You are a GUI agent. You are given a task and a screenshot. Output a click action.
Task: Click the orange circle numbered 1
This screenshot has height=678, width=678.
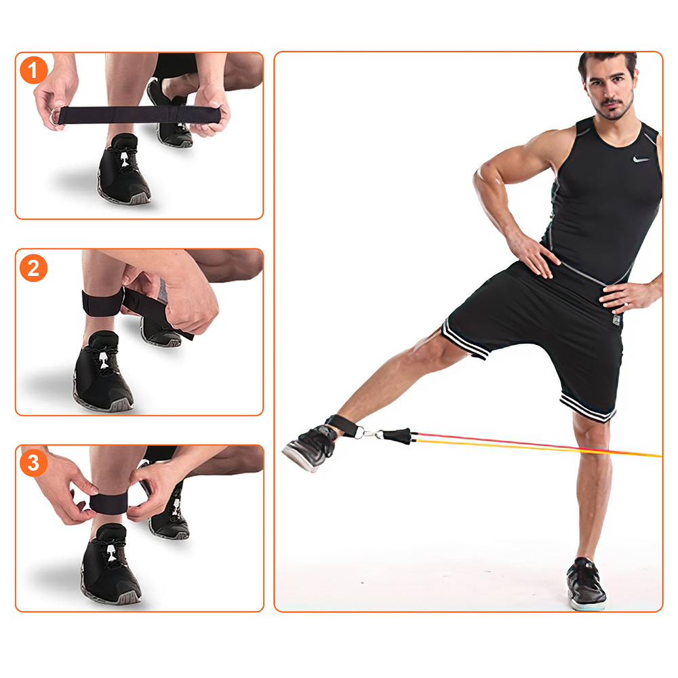33,70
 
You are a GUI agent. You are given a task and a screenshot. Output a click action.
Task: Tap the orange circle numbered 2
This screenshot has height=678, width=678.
33,268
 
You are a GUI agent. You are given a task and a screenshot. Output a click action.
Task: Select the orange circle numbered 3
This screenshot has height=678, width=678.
33,462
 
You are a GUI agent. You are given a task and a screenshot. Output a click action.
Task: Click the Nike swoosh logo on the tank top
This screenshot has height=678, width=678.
641,159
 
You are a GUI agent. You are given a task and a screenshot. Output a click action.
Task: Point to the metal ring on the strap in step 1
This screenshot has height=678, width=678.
56,117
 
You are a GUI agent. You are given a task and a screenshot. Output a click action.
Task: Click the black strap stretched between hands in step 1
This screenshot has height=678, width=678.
138,115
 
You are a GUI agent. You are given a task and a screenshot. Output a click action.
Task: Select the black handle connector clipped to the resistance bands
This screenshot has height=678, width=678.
396,436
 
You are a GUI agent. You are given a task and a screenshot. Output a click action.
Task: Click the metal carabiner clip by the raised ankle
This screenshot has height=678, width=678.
366,433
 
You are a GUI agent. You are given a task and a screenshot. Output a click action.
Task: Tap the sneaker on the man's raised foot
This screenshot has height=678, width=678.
309,447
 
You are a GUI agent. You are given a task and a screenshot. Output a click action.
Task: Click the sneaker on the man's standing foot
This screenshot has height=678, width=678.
586,584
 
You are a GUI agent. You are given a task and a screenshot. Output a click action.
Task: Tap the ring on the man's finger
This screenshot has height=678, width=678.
626,305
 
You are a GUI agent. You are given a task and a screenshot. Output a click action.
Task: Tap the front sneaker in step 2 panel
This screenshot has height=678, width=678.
102,372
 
